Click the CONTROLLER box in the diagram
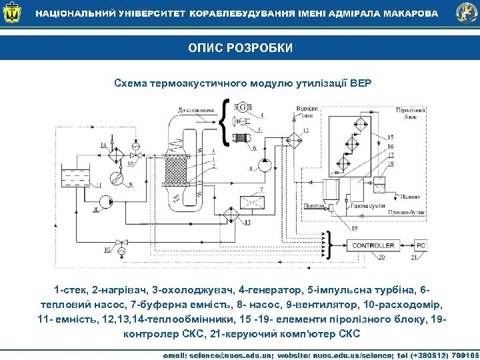[x=373, y=246]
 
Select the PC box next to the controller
[x=421, y=246]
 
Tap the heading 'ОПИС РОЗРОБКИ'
[x=240, y=49]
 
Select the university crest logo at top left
[x=11, y=13]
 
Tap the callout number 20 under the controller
[x=381, y=257]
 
